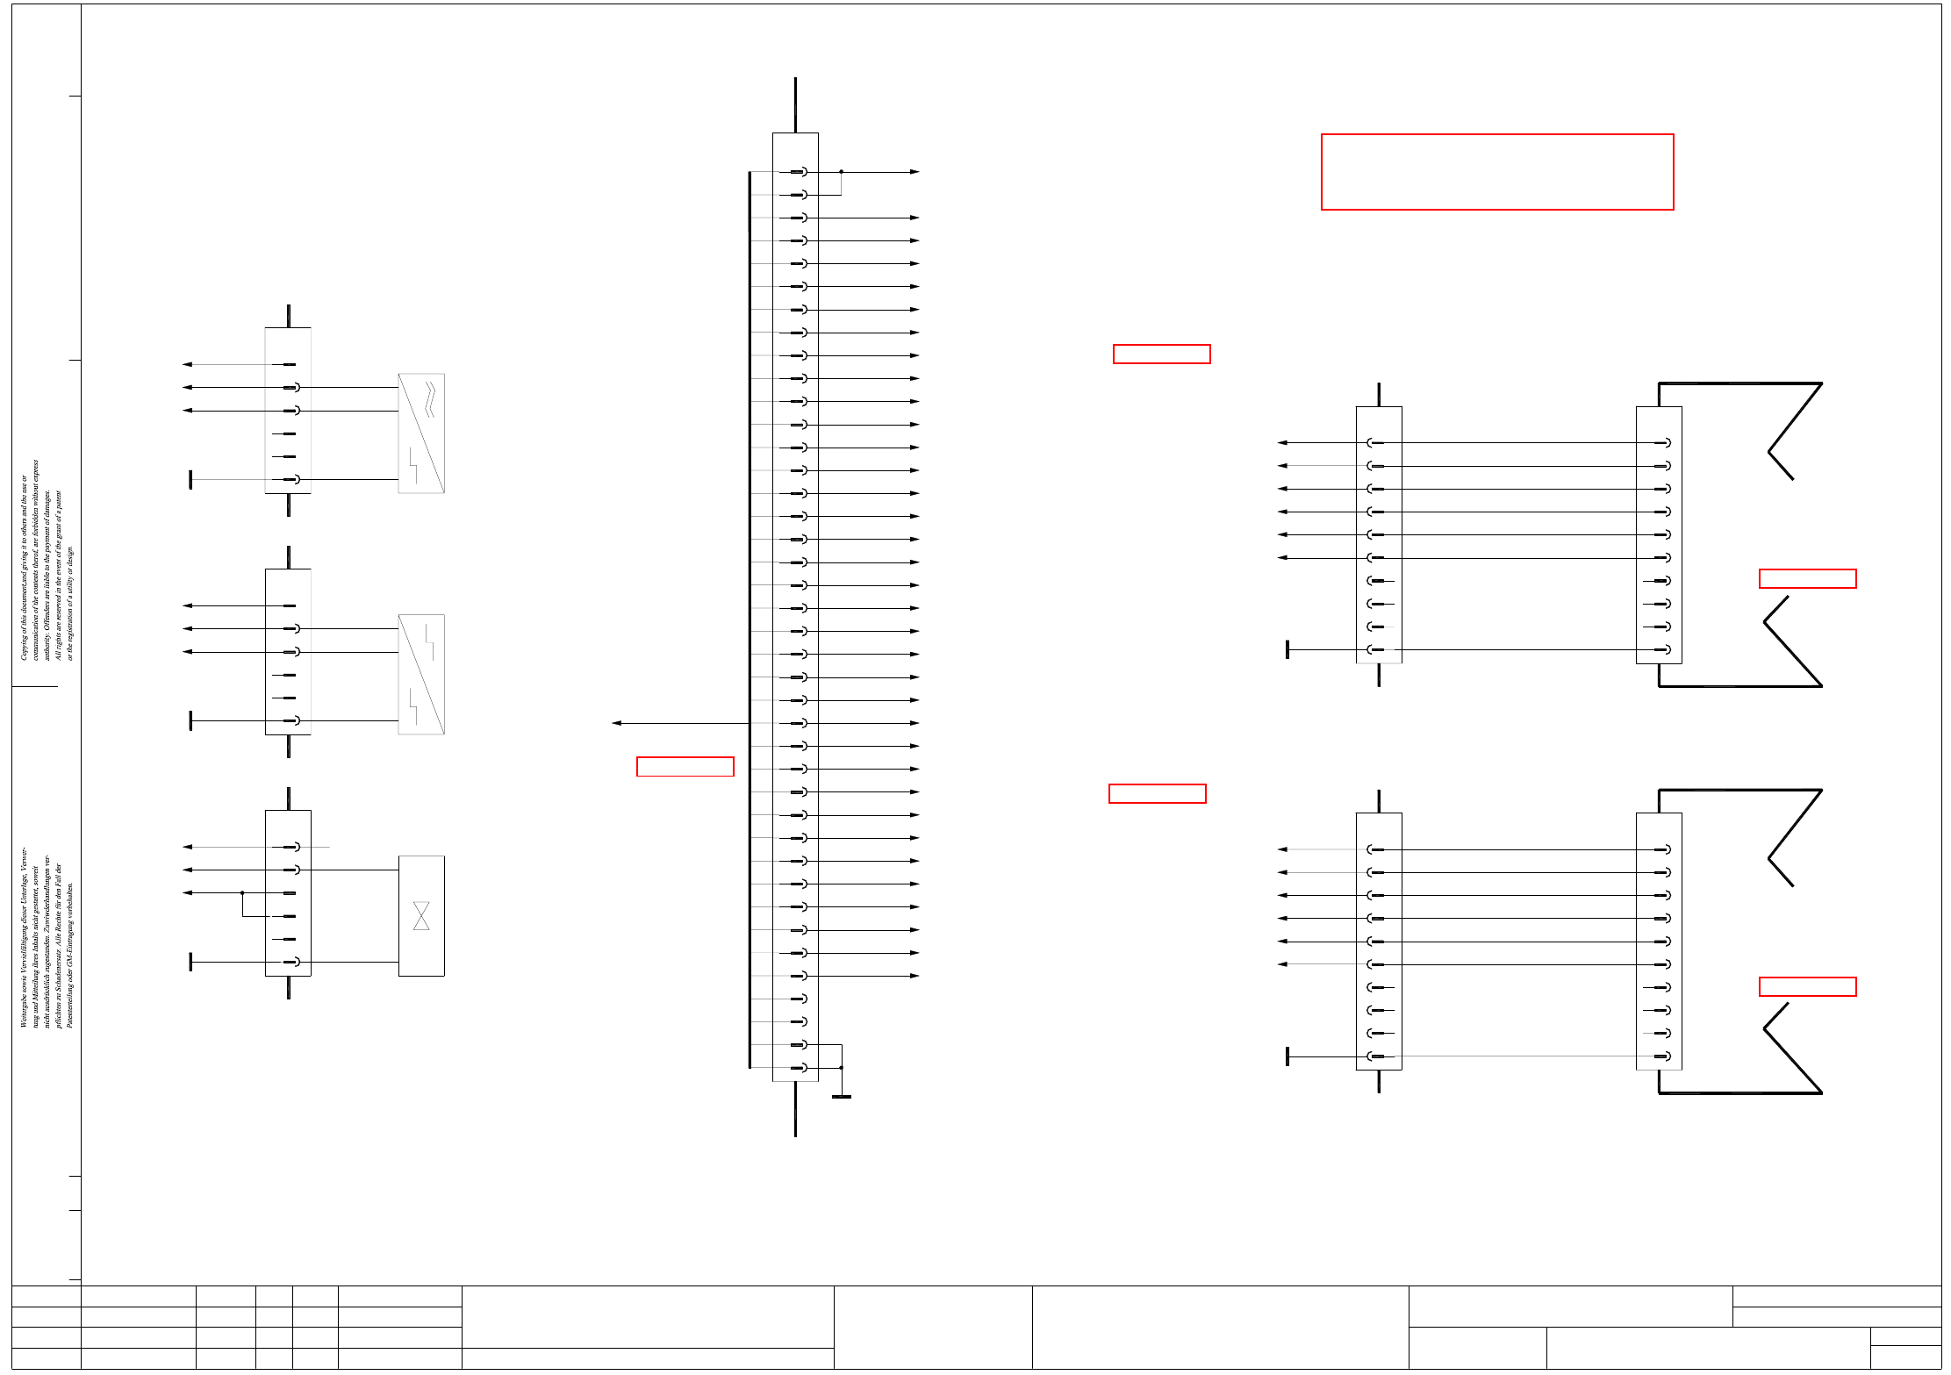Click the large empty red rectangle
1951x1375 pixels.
pyautogui.click(x=1496, y=172)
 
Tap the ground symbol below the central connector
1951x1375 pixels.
pyautogui.click(x=841, y=1096)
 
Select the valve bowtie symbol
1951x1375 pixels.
pyautogui.click(x=421, y=915)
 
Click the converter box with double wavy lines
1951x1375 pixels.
pyautogui.click(x=421, y=433)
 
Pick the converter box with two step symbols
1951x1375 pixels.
pyautogui.click(x=421, y=674)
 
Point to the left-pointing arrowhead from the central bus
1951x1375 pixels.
pyautogui.click(x=617, y=723)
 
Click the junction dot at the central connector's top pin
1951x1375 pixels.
pyautogui.click(x=841, y=172)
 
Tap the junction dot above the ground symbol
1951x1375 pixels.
pyautogui.click(x=841, y=1068)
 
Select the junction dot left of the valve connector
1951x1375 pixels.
pyautogui.click(x=242, y=893)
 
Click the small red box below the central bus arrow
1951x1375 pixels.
pyautogui.click(x=685, y=766)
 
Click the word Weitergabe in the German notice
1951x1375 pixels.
pyautogui.click(x=24, y=1009)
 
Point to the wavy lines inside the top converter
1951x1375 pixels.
pyautogui.click(x=429, y=398)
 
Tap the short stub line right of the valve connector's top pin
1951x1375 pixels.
pyautogui.click(x=318, y=847)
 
